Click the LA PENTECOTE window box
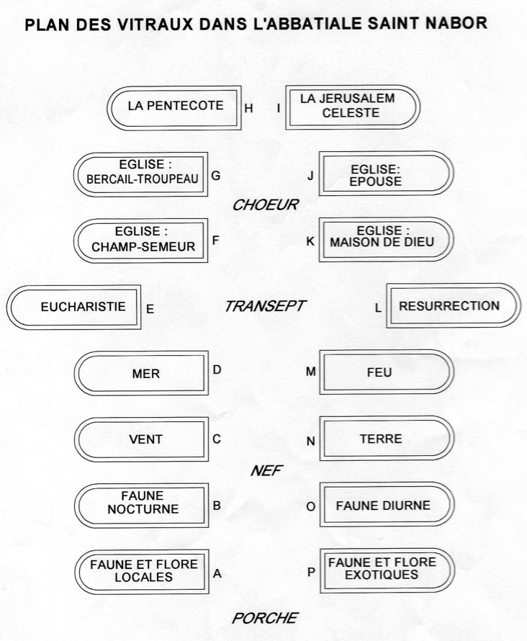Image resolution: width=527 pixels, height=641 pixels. tap(174, 108)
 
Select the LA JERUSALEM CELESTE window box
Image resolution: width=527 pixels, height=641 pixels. tap(353, 107)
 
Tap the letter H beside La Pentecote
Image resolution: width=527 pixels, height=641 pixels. tap(248, 108)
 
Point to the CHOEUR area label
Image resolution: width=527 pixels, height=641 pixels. tap(266, 205)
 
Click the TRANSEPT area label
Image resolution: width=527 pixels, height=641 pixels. tap(265, 306)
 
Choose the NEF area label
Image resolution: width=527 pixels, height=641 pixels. tap(266, 470)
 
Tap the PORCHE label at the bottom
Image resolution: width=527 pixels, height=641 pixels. tap(265, 618)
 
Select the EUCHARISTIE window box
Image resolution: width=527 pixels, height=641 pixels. tap(74, 307)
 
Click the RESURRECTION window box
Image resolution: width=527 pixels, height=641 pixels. tap(454, 305)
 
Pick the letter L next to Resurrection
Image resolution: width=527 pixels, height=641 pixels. tap(378, 308)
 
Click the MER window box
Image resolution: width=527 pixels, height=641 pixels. tap(141, 373)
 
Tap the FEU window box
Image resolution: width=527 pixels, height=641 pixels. tap(387, 372)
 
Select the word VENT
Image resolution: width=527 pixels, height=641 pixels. tap(146, 439)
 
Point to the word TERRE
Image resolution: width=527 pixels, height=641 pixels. tap(381, 439)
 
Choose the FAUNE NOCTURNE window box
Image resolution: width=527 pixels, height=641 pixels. tap(141, 506)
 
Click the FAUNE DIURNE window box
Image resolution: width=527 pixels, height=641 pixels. tap(387, 504)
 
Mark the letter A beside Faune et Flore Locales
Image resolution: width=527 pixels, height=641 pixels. tap(217, 573)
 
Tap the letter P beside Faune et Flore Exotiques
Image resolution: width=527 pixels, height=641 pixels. tap(311, 572)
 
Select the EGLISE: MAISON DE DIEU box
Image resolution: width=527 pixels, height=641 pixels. tap(387, 240)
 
